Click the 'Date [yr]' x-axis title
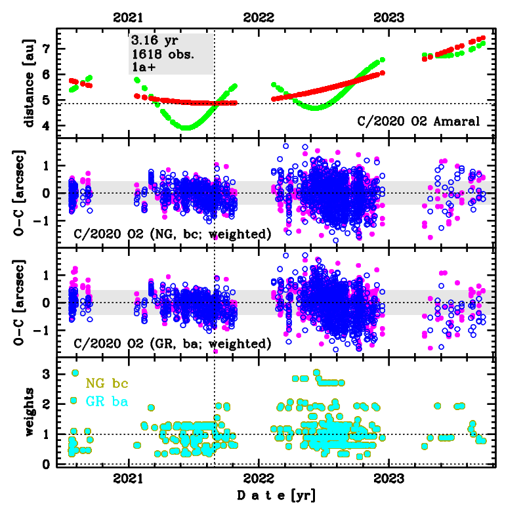pos(276,495)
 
